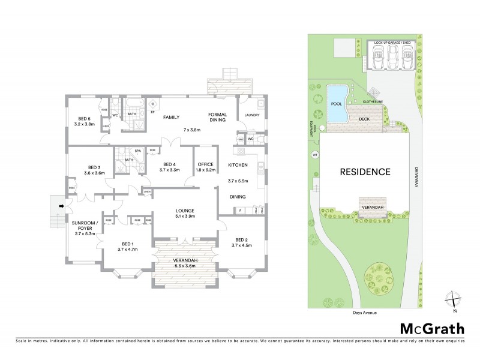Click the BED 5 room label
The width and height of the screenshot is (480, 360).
click(84, 118)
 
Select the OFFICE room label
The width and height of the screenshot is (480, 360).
click(206, 164)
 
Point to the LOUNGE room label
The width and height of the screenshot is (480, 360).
click(184, 211)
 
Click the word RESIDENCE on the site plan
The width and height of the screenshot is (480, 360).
click(365, 172)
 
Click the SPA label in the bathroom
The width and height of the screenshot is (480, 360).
click(137, 151)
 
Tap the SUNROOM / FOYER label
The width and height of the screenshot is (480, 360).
click(85, 226)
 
